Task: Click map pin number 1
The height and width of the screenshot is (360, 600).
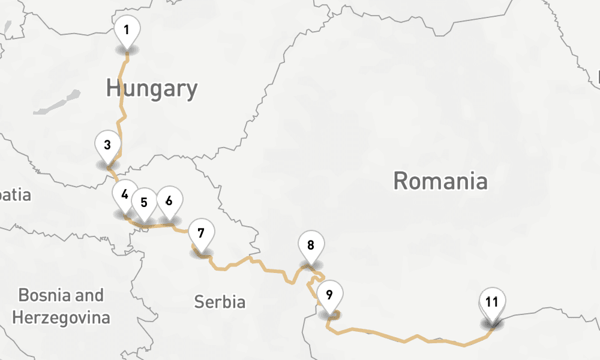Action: [127, 30]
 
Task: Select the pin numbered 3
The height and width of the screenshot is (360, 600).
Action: [107, 146]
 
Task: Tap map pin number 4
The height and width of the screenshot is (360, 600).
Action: [125, 195]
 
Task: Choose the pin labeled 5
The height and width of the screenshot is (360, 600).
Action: [144, 202]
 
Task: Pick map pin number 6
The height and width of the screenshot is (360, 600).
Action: [169, 200]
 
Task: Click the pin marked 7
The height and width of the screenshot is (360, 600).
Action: [201, 233]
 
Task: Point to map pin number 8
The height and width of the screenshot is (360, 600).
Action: [311, 245]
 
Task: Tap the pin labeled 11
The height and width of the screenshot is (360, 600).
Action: [492, 302]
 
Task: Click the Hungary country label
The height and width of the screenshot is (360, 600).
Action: [152, 89]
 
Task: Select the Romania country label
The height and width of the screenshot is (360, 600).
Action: [440, 181]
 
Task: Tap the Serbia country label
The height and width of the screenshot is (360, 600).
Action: [220, 302]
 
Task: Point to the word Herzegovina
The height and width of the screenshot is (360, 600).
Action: [61, 317]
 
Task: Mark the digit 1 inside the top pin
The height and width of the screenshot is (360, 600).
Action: [127, 29]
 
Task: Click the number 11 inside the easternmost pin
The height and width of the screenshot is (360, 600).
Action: [492, 302]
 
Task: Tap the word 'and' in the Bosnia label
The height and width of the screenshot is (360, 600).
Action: [89, 295]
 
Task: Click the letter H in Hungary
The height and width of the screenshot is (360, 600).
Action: [113, 89]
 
